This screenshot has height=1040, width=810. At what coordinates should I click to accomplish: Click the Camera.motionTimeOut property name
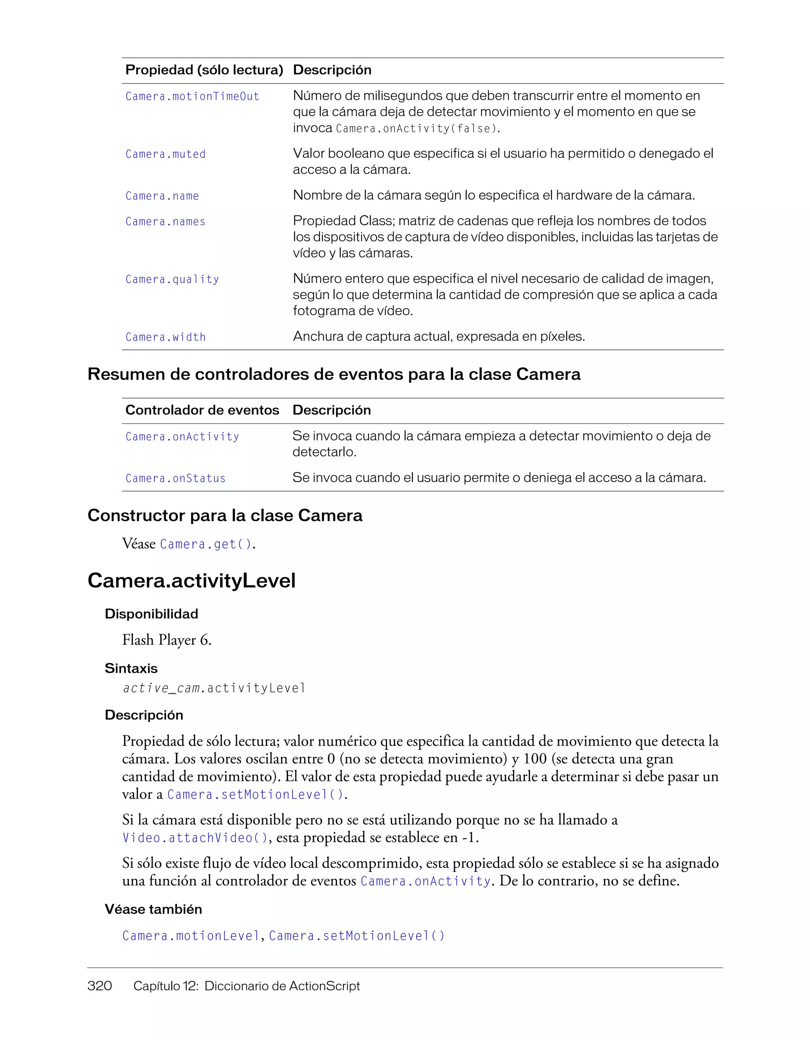click(192, 96)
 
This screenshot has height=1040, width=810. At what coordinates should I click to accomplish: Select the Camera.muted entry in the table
click(165, 154)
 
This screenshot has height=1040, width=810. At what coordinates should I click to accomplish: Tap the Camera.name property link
click(162, 196)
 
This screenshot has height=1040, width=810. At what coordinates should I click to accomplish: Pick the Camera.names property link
click(165, 222)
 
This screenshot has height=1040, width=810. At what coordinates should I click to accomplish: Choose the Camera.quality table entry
click(172, 279)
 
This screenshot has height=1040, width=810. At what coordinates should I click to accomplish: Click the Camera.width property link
click(165, 337)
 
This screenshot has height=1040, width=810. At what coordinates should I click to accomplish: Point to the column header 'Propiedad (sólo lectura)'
click(204, 70)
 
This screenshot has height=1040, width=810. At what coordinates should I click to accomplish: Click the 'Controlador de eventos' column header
click(202, 410)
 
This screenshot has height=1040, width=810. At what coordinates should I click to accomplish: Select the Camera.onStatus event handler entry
click(175, 478)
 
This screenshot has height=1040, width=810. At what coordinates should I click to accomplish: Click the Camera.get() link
click(206, 544)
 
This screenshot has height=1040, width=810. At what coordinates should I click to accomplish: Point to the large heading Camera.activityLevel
click(191, 581)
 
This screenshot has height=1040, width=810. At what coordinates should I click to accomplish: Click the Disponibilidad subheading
click(151, 614)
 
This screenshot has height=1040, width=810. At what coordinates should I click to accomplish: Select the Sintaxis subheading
click(131, 668)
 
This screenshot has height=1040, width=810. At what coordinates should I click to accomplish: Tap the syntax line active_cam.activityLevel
click(214, 688)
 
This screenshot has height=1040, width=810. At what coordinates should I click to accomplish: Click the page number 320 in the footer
click(99, 986)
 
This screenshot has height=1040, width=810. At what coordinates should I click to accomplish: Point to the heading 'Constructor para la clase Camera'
click(225, 515)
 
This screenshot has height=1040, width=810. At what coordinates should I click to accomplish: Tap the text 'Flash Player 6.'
click(167, 640)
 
